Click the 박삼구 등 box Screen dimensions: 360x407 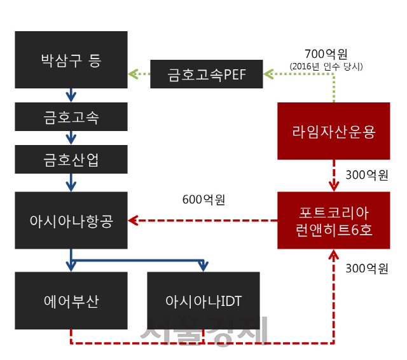(x=71, y=60)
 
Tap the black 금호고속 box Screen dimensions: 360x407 (x=71, y=117)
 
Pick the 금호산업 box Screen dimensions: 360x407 (x=71, y=159)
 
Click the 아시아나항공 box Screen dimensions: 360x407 (x=71, y=220)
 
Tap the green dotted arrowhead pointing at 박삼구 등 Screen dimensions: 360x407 (x=133, y=75)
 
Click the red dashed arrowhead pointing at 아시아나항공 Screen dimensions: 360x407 (x=133, y=221)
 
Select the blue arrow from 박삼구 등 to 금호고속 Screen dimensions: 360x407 (x=71, y=95)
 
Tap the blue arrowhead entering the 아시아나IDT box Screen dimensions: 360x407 (x=203, y=266)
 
